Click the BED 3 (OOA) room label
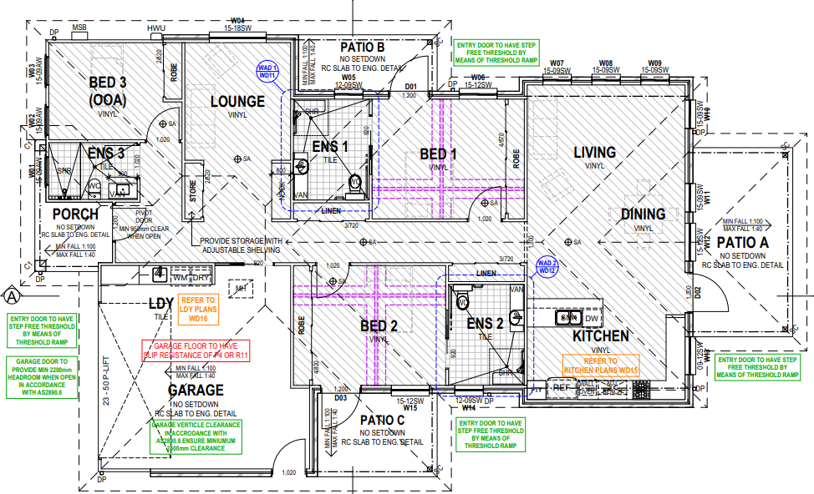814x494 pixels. (x=108, y=90)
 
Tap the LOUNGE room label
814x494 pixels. (x=237, y=102)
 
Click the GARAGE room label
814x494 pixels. (x=196, y=390)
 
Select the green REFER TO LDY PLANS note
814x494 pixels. (x=197, y=309)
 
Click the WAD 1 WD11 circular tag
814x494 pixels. (x=267, y=72)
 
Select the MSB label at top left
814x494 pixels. (x=79, y=28)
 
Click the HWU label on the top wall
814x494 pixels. (x=156, y=29)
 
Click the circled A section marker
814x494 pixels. (x=12, y=295)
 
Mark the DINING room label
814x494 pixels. (x=643, y=214)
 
